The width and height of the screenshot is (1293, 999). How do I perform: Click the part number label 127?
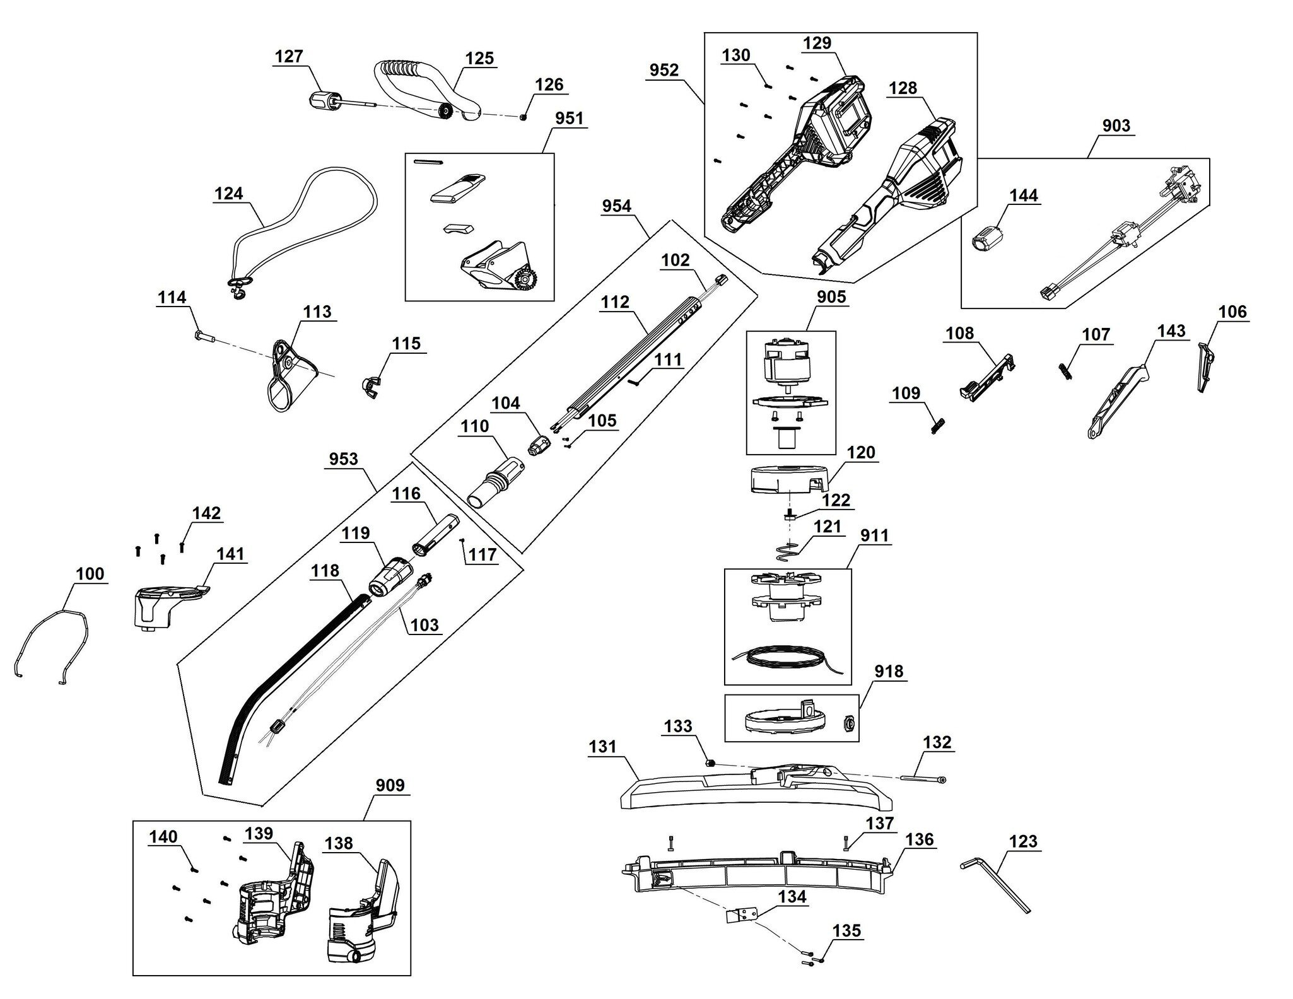[x=290, y=57]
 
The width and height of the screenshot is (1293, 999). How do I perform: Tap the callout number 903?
[x=1116, y=126]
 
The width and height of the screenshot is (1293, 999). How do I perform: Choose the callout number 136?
[x=920, y=839]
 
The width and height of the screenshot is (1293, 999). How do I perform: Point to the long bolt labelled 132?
[x=923, y=779]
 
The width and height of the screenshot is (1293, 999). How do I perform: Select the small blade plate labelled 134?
[x=742, y=916]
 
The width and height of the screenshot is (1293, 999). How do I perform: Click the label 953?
[x=344, y=459]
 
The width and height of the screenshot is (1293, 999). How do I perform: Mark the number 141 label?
[x=230, y=554]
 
